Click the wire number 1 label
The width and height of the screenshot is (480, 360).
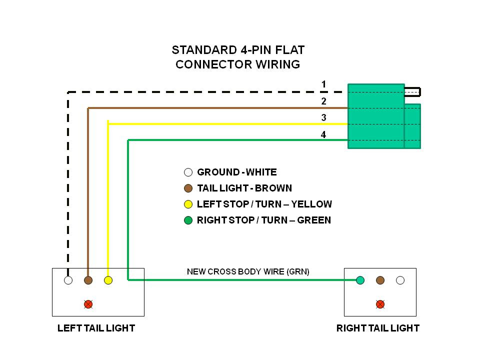pos(323,84)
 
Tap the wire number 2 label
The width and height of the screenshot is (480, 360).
pos(323,101)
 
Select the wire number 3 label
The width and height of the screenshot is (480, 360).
pos(323,118)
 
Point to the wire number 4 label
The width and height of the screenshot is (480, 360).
pos(323,134)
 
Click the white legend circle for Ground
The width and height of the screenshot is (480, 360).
pos(188,172)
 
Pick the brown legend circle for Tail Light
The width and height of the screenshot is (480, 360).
pos(188,188)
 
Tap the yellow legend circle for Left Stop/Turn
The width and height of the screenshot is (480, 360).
pos(188,204)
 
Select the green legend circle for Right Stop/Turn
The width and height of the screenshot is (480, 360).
pos(188,220)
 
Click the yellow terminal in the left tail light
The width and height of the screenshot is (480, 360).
pos(108,280)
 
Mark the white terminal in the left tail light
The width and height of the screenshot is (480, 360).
pos(68,280)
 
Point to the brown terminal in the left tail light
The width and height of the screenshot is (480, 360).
pos(88,280)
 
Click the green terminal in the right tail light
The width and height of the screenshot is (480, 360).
pos(360,280)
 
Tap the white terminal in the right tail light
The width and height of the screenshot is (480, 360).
pos(400,280)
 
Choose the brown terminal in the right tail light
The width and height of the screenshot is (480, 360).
pos(380,280)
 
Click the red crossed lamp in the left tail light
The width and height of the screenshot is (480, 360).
pos(88,304)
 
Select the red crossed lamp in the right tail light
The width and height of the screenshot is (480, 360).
pos(380,304)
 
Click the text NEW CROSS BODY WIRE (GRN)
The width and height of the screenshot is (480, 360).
pos(248,272)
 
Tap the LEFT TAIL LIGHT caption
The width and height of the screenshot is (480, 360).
pos(96,328)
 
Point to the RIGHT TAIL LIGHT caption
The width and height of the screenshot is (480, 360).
pos(377,328)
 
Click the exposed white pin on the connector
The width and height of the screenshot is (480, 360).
pos(412,91)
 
